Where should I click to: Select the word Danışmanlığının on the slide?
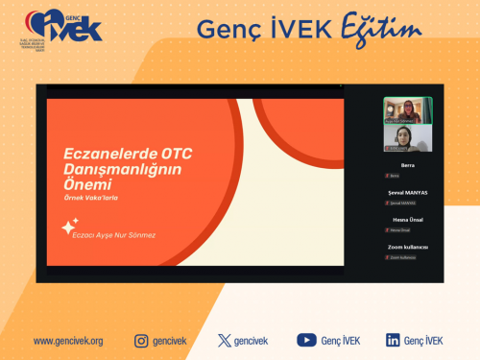(x=122, y=168)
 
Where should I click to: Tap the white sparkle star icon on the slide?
(x=69, y=227)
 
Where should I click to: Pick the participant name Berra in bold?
(x=407, y=165)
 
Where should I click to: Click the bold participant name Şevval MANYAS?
(x=407, y=192)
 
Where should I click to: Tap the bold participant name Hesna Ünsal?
(x=407, y=220)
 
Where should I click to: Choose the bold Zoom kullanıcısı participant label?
(x=407, y=247)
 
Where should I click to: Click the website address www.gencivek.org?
(x=68, y=341)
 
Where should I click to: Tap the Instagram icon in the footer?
(x=141, y=340)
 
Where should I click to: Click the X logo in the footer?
(x=225, y=340)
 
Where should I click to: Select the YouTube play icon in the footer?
(x=306, y=340)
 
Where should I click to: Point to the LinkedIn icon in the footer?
(x=393, y=340)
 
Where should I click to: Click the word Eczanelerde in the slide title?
(x=104, y=152)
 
